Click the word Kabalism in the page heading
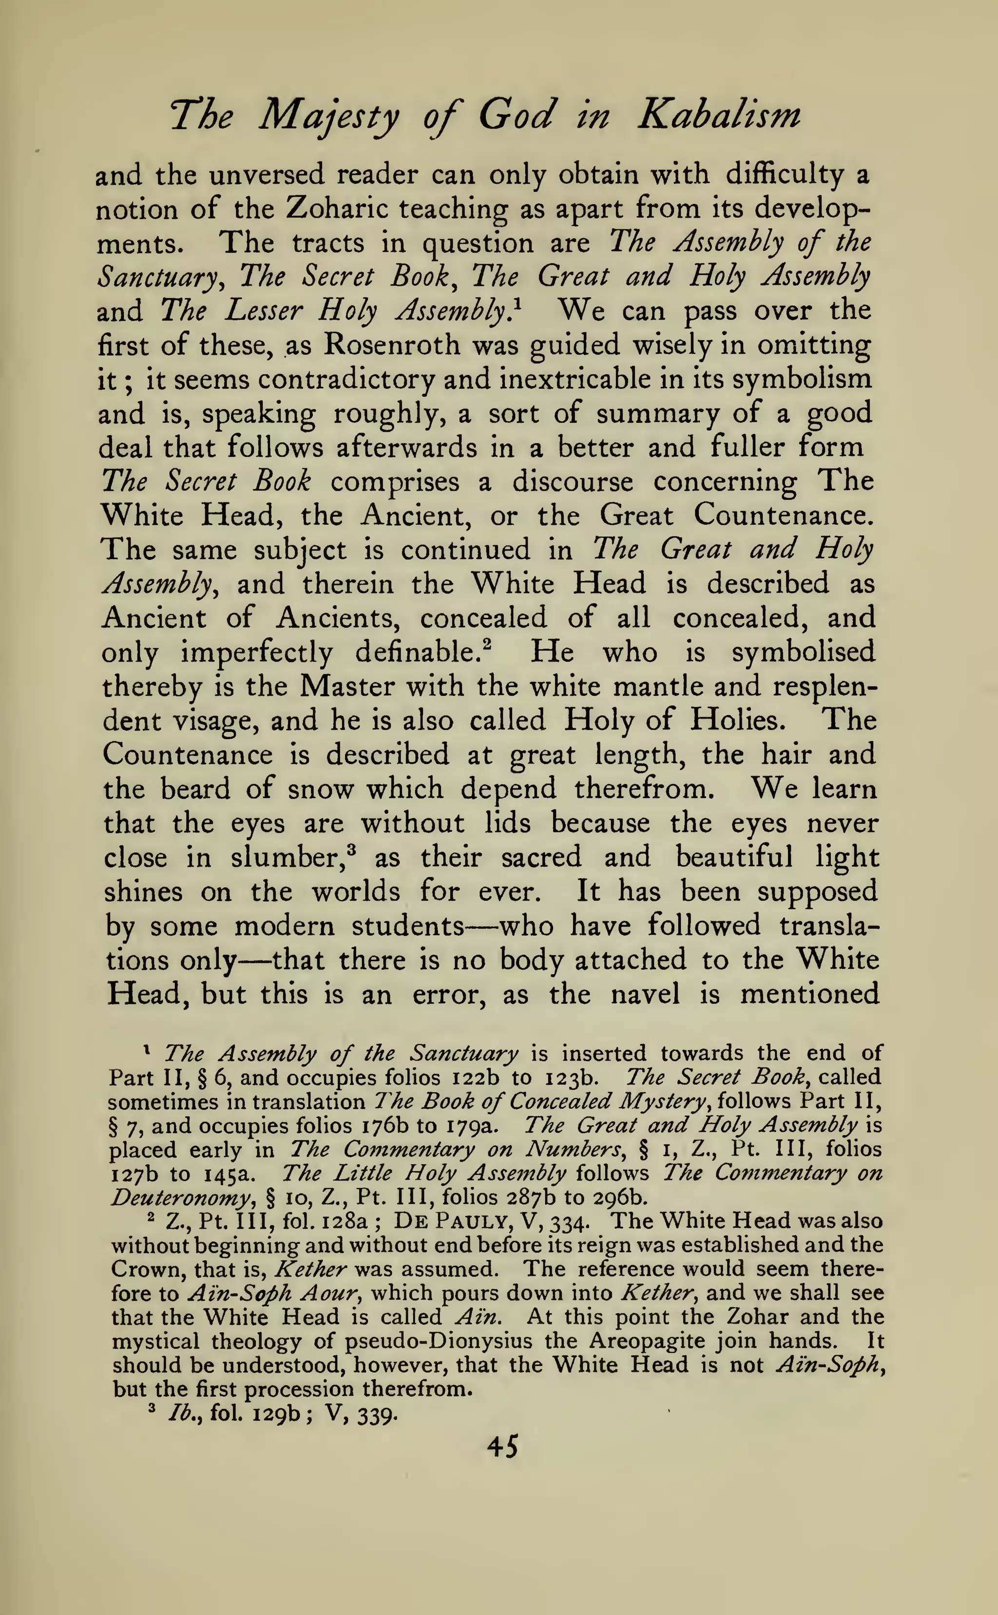pos(719,115)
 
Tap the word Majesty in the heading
pos(329,116)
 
